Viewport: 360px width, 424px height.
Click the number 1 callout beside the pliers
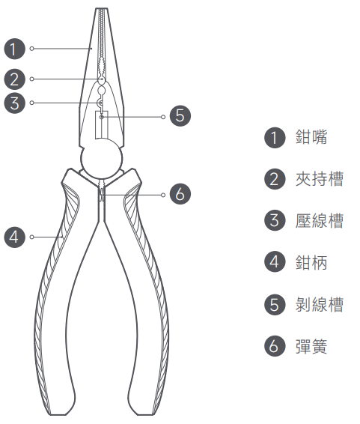point(14,49)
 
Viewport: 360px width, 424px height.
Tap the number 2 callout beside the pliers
point(14,79)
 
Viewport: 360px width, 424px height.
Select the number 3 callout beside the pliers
point(14,103)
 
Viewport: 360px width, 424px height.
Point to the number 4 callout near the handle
point(14,237)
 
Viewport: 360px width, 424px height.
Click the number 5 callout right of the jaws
point(180,115)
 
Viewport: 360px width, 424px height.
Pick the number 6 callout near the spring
point(180,194)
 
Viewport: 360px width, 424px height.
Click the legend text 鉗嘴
point(311,137)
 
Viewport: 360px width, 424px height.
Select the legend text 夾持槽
point(320,179)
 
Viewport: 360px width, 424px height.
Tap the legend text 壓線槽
point(320,221)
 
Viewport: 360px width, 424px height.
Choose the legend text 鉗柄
point(311,262)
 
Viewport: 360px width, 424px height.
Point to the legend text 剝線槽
point(320,304)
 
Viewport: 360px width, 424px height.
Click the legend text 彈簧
point(311,346)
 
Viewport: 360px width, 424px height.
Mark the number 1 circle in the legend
point(275,138)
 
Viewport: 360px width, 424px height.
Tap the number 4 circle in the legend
point(275,261)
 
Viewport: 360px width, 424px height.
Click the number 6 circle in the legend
point(275,346)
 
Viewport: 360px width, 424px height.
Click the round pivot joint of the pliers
point(102,159)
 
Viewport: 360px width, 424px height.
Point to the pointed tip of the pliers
point(102,9)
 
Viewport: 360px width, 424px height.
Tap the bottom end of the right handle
point(145,414)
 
